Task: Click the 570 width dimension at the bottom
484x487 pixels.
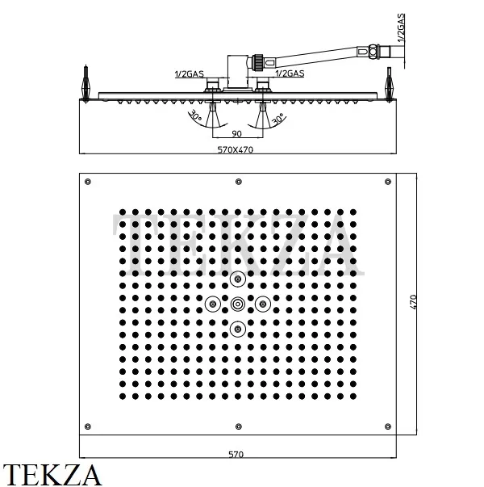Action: click(236, 455)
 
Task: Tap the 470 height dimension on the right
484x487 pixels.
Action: click(413, 301)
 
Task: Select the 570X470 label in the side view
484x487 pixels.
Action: click(236, 149)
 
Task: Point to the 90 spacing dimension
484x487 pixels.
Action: click(236, 134)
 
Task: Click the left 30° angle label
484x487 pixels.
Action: click(195, 115)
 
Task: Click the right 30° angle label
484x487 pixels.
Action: click(277, 120)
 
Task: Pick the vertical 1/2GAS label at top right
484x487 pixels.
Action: click(401, 27)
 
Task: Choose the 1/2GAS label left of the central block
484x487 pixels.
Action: click(190, 74)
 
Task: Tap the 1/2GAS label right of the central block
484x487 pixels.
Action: click(290, 73)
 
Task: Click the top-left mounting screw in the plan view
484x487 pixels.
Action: click(88, 182)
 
